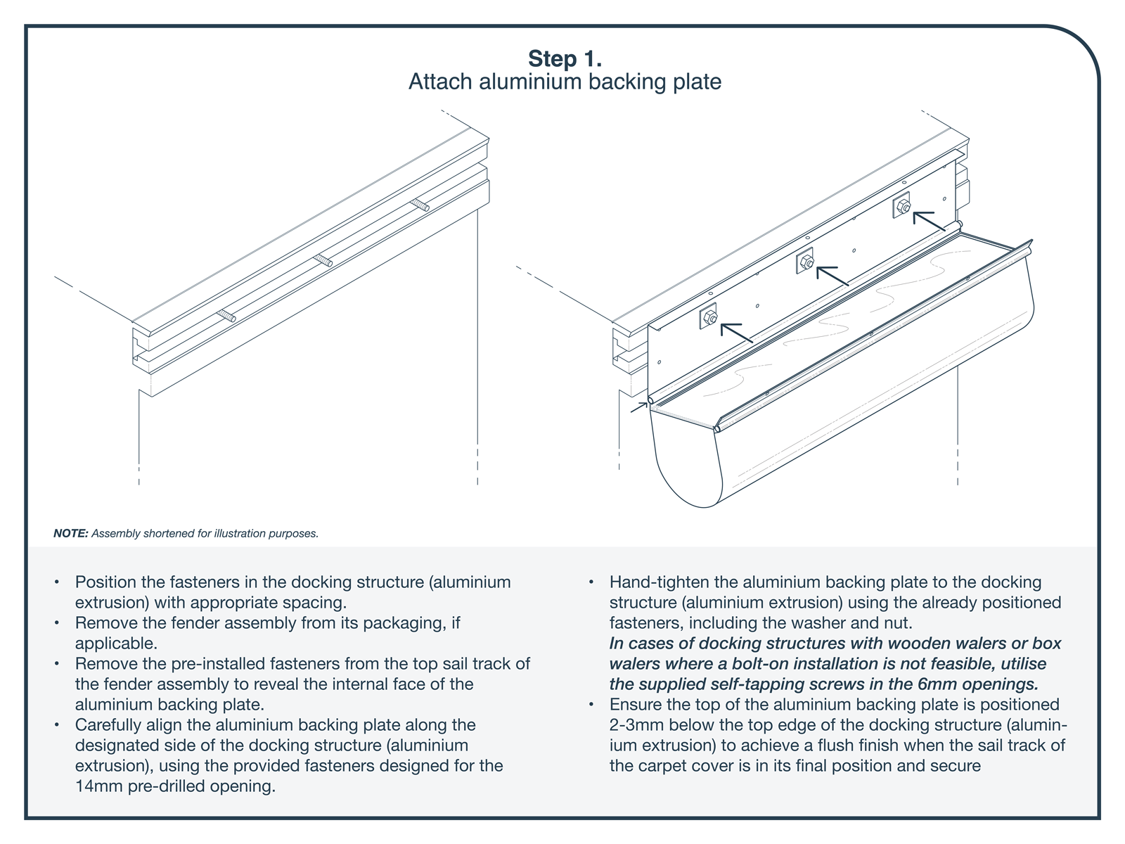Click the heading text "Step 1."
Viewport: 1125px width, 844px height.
click(565, 58)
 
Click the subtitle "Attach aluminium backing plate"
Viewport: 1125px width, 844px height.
click(565, 82)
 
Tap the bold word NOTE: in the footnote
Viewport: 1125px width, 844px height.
click(70, 533)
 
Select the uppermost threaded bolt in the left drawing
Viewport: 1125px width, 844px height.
click(420, 205)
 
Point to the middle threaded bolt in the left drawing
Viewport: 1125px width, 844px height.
click(323, 260)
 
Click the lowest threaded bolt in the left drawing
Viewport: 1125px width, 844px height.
click(226, 316)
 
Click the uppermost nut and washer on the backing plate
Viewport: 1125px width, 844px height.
click(903, 206)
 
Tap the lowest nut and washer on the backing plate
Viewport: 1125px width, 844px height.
click(709, 319)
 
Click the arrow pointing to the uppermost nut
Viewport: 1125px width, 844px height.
click(930, 221)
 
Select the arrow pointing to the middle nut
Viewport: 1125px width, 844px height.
click(833, 276)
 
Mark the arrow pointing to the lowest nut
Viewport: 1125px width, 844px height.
click(737, 333)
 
